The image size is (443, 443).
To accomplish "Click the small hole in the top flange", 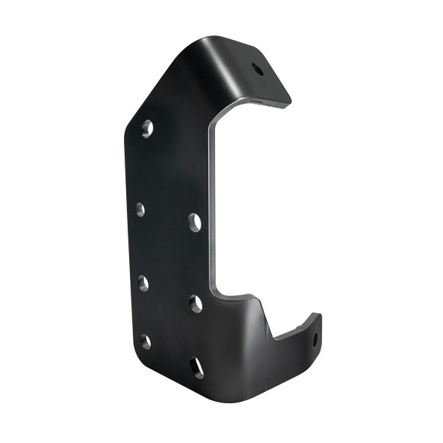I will (258, 69).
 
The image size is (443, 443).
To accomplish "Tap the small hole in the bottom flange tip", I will (315, 339).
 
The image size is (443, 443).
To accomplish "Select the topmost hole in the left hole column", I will (148, 128).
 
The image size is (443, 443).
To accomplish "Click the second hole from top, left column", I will (140, 210).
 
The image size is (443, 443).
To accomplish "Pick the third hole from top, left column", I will (143, 283).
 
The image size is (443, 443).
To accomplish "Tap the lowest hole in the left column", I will (145, 342).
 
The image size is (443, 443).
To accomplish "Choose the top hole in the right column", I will (194, 221).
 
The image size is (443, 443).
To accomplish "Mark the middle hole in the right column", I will (195, 303).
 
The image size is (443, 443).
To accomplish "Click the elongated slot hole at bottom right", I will (197, 367).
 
